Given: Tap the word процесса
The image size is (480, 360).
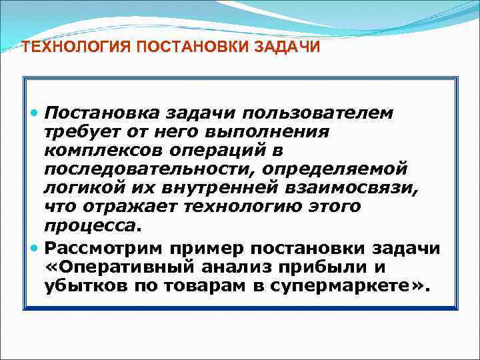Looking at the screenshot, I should [x=91, y=225].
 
